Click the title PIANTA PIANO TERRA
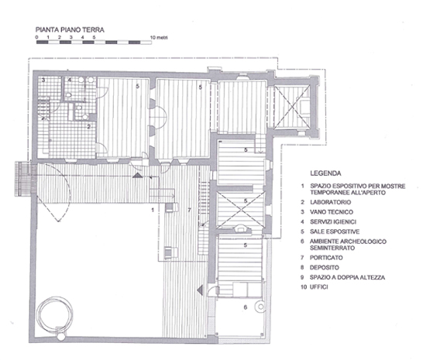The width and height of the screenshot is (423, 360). [x=70, y=29]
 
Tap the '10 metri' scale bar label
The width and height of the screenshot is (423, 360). [x=159, y=37]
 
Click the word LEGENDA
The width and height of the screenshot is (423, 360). [x=325, y=173]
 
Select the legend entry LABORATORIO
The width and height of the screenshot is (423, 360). [x=331, y=202]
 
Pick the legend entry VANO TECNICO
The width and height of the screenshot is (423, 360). [x=332, y=212]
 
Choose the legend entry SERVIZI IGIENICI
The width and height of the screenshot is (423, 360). [x=333, y=221]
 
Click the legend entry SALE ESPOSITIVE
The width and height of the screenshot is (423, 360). [x=335, y=231]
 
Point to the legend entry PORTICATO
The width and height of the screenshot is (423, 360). [x=326, y=258]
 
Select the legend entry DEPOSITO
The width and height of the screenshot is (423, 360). [x=325, y=268]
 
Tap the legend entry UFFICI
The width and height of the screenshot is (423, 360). [x=319, y=287]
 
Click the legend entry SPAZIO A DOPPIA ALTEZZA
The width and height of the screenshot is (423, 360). [x=347, y=277]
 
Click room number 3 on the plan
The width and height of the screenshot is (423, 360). [x=43, y=80]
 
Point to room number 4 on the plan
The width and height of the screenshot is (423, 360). [x=69, y=80]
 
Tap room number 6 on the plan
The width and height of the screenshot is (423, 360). [x=246, y=307]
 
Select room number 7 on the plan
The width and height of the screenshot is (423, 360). [x=189, y=210]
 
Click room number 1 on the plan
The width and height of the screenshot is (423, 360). [x=153, y=210]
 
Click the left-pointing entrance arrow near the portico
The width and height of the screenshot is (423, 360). [x=200, y=290]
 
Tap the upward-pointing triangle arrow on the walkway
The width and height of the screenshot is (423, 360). [x=137, y=175]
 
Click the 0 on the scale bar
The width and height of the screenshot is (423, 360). [x=36, y=37]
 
